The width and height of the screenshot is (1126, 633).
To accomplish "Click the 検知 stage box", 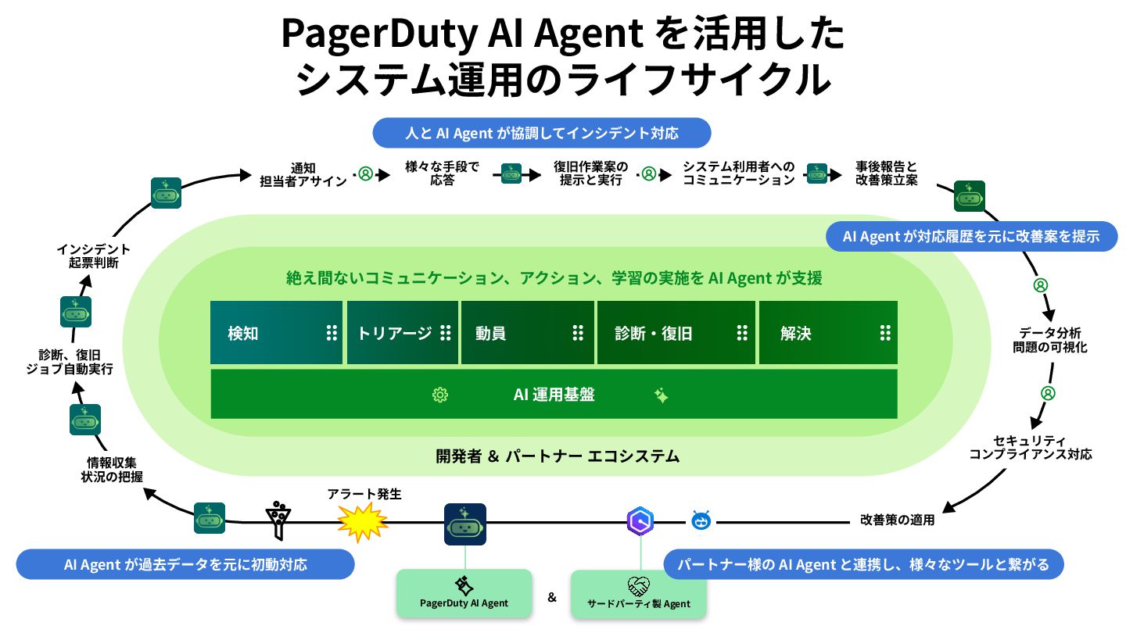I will tap(276, 333).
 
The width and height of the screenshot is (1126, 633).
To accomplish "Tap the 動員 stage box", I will tap(528, 333).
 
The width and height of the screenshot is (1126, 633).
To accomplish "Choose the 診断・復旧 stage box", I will tap(676, 333).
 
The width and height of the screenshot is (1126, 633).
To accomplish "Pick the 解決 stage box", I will tap(827, 333).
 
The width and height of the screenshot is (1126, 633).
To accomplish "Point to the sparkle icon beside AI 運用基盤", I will tap(661, 395).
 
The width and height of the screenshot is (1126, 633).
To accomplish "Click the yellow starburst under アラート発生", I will tap(363, 521).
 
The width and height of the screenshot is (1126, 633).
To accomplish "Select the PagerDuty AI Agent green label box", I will tap(464, 593).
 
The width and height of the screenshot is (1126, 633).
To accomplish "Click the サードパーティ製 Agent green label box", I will tap(638, 595).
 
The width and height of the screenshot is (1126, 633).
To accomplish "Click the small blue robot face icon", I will tap(700, 520).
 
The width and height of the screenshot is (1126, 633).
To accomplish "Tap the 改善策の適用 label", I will tap(897, 520).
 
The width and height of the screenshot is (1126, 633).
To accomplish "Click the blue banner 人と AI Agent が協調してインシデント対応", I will tap(542, 133).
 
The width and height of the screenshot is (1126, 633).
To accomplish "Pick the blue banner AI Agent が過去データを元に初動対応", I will tap(185, 564).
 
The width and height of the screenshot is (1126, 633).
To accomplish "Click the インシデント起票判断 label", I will tap(93, 256).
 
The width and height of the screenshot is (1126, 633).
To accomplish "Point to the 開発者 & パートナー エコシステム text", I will tap(557, 456).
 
